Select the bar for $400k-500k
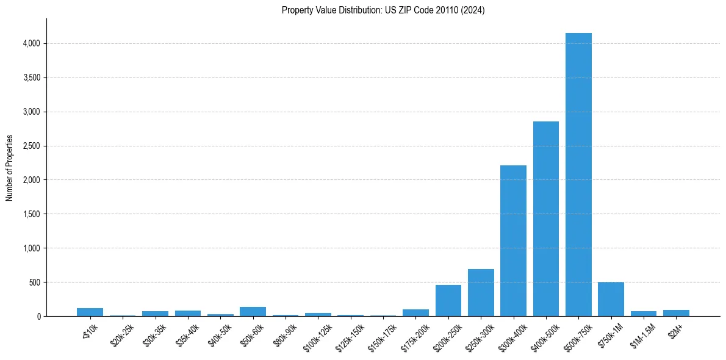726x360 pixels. (x=546, y=219)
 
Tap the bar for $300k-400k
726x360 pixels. (x=513, y=241)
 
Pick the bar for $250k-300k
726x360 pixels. (x=481, y=293)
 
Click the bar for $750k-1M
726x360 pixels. (x=611, y=300)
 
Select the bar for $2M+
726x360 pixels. (x=676, y=313)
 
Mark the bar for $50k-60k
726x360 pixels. (x=253, y=312)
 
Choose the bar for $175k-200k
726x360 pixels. (x=415, y=313)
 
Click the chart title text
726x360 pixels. (x=383, y=10)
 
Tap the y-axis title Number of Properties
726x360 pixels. (x=10, y=168)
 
